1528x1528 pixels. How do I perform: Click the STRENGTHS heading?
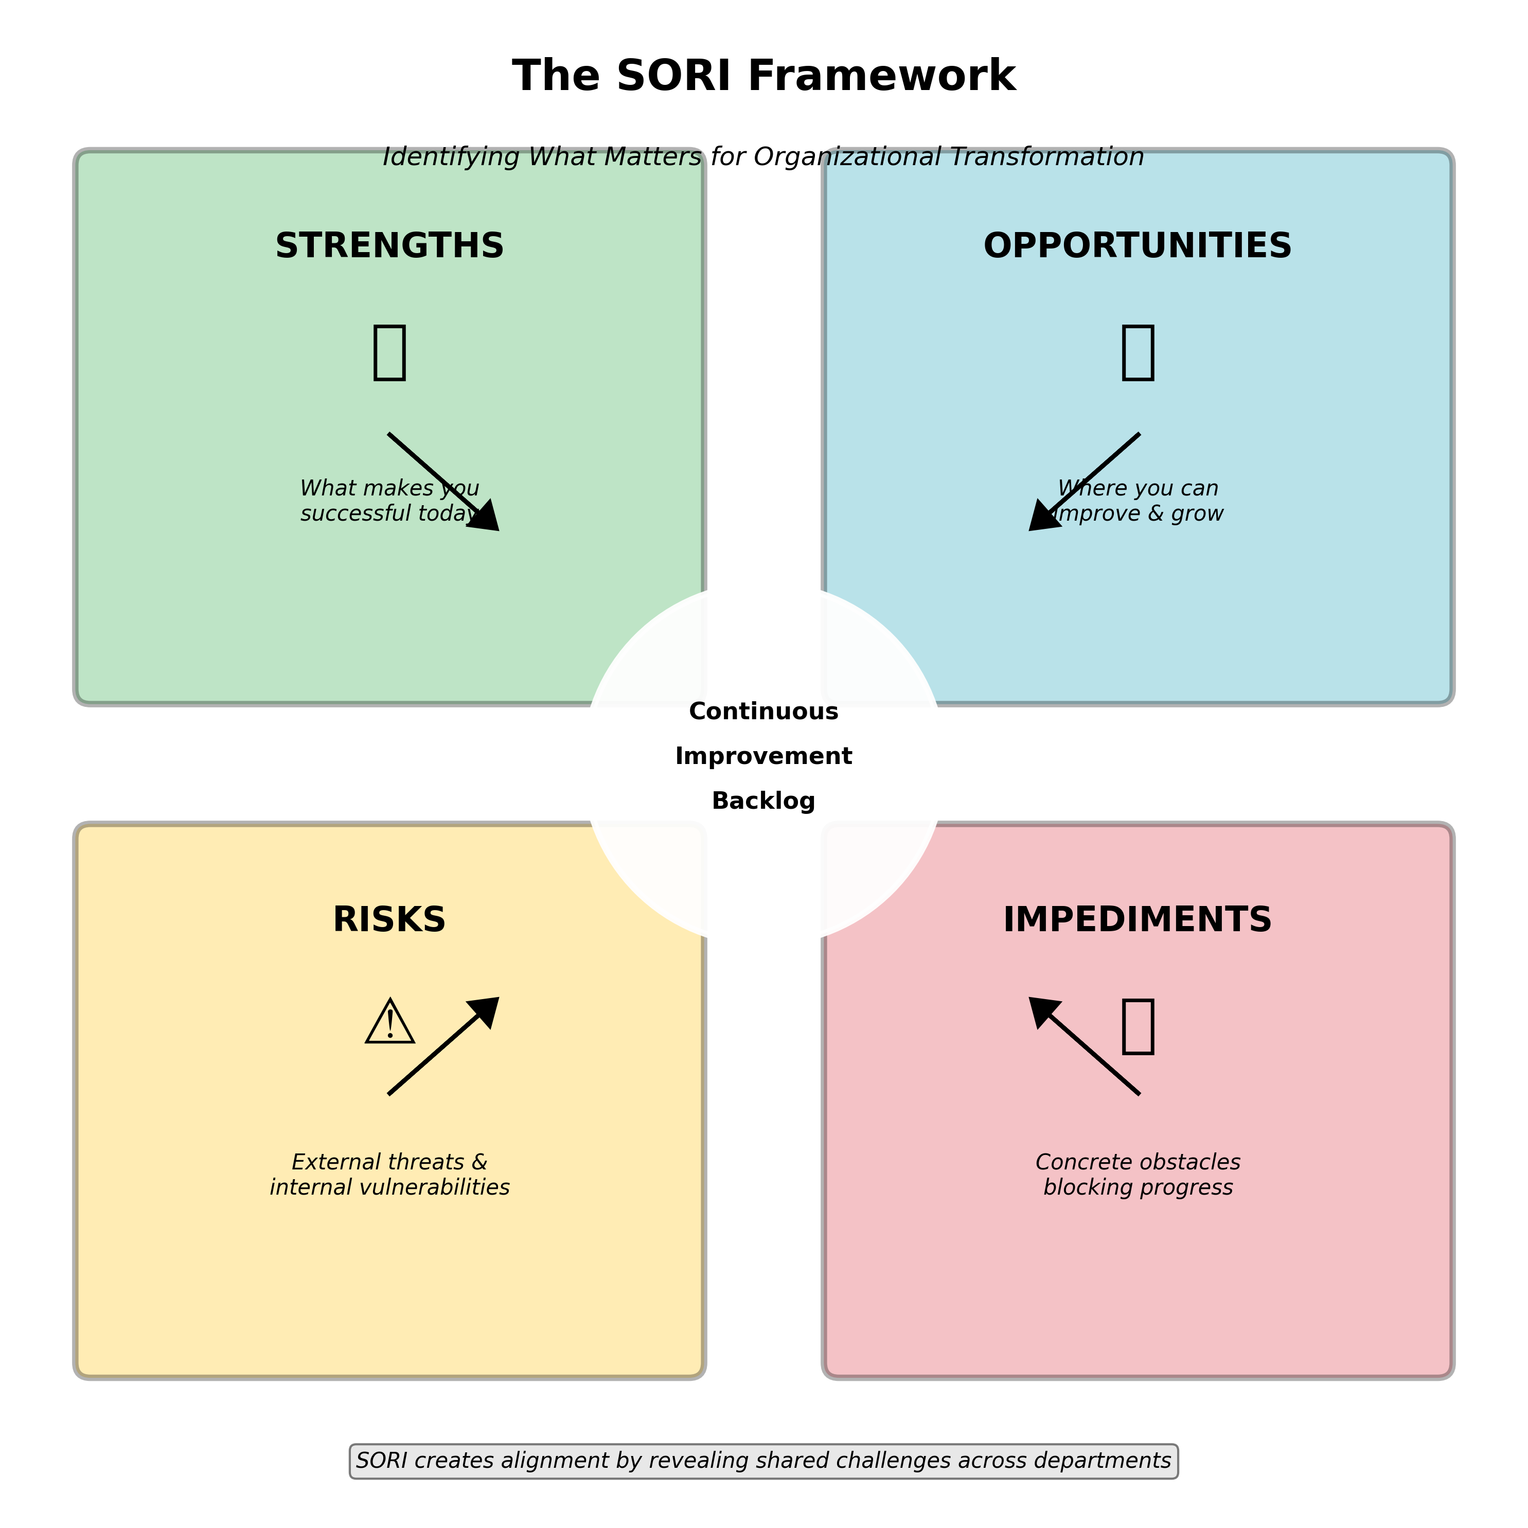tap(389, 246)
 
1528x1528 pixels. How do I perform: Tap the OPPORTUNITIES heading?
tap(1138, 246)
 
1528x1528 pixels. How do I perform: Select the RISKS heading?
tap(389, 920)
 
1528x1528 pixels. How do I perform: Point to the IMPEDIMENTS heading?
tap(1138, 920)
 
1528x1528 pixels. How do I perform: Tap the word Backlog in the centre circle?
tap(763, 801)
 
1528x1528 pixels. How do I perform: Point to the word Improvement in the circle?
tap(763, 756)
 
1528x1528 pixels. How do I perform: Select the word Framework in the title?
tap(881, 76)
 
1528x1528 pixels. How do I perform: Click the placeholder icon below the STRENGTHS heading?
tap(389, 352)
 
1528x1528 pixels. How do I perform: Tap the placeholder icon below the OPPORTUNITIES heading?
tap(1138, 352)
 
